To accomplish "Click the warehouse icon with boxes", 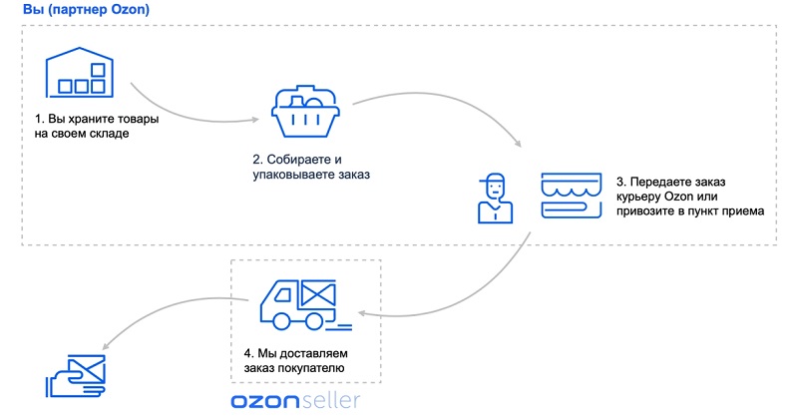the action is [x=80, y=72].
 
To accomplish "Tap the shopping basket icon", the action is [x=305, y=111].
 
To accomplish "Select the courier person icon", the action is [x=495, y=199].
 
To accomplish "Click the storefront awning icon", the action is [x=571, y=196].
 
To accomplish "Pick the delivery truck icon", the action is [x=305, y=304].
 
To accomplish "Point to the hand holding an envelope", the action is [x=76, y=376].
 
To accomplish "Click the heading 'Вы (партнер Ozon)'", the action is [x=86, y=10].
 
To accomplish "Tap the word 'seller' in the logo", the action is [x=330, y=400].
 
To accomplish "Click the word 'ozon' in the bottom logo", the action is [x=264, y=401].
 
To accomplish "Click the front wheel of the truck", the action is [x=281, y=321].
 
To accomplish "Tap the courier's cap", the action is [x=492, y=179].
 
